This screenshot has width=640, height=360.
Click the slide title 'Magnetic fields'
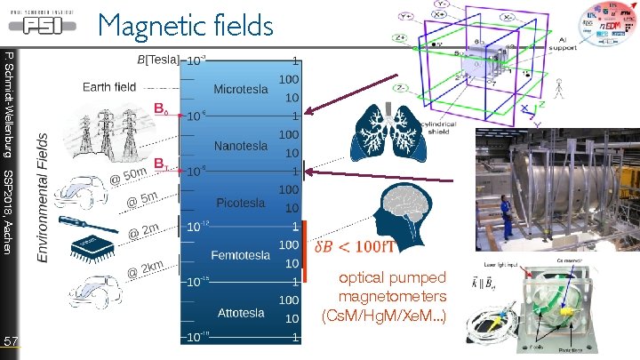[186, 25]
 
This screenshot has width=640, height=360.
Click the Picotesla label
[240, 203]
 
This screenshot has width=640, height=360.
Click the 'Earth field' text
[109, 87]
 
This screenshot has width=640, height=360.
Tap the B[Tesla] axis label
[157, 60]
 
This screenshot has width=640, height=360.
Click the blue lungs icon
[384, 126]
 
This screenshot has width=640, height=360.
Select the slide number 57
[11, 341]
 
